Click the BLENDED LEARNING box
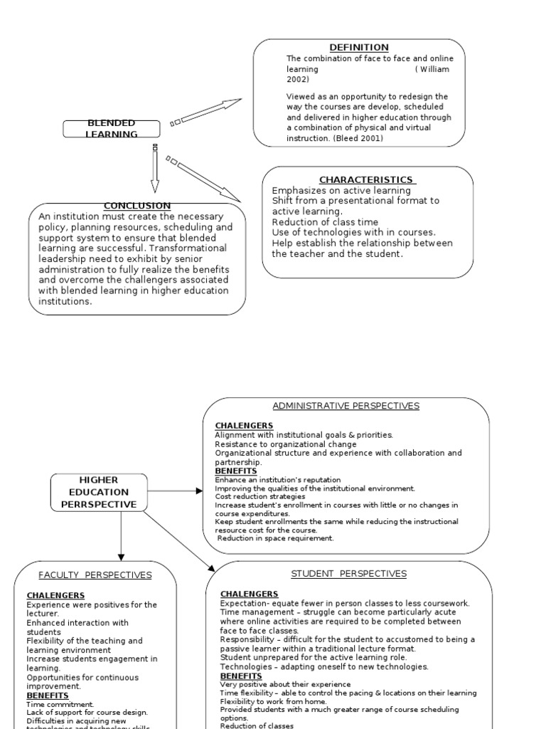[112, 129]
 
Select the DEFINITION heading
[359, 48]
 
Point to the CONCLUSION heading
[137, 206]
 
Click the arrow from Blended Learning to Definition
[206, 112]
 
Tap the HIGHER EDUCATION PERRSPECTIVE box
[100, 492]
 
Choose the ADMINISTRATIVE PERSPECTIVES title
[346, 406]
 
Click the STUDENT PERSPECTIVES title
[348, 574]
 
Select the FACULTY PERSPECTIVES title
[95, 575]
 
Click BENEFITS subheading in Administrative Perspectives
[235, 471]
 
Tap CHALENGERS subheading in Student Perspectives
[249, 594]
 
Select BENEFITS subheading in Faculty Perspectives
[48, 696]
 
